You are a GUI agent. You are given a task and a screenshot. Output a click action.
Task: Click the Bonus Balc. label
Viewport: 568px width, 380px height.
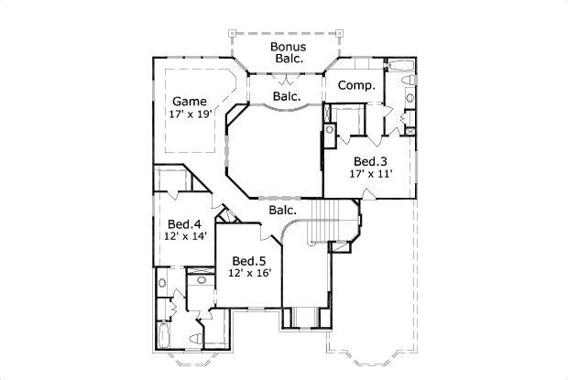[288, 52]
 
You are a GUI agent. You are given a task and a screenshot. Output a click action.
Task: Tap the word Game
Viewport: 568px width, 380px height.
[190, 101]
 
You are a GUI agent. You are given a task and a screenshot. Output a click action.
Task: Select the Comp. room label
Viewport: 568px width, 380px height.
[355, 85]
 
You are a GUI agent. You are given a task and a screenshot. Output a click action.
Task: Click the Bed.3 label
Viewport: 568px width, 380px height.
[370, 158]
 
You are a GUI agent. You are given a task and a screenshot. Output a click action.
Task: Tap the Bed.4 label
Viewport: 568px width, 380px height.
[184, 223]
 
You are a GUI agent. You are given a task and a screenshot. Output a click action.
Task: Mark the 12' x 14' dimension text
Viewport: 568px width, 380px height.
[184, 236]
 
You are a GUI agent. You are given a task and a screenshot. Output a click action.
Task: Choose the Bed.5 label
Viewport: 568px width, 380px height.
[249, 260]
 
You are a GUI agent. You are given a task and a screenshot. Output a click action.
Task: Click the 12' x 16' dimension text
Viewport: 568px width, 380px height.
[249, 273]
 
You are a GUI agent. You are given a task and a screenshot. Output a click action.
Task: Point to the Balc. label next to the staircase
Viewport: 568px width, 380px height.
[282, 211]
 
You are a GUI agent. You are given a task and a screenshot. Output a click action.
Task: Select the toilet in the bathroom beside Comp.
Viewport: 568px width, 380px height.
[410, 97]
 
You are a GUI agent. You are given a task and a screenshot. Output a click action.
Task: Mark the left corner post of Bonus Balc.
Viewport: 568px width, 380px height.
[232, 33]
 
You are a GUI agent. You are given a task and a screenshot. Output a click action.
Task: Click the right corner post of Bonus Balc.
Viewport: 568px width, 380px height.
[341, 33]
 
